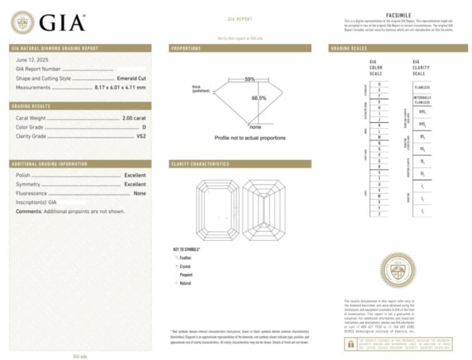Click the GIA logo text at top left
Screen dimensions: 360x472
tap(62, 22)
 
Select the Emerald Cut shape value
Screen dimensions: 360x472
tap(131, 78)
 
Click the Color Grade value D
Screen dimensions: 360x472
tap(144, 126)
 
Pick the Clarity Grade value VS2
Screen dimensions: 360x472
tap(141, 136)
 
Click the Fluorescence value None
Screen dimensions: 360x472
tap(139, 194)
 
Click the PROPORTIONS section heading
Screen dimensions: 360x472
tap(186, 48)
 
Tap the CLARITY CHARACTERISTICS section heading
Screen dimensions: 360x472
tap(199, 164)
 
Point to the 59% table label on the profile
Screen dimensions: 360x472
tap(249, 79)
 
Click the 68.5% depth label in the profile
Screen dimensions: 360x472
tap(259, 98)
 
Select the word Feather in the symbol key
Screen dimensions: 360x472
tap(186, 257)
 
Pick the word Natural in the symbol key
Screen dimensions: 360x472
tap(186, 283)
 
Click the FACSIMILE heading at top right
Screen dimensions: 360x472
tap(398, 13)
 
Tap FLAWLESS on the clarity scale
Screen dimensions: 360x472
tap(422, 87)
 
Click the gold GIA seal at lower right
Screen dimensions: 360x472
tap(398, 270)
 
